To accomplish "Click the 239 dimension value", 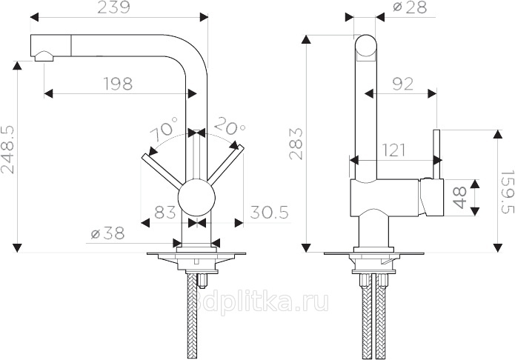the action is coord(114,7).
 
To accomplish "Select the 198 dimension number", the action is coord(119,84).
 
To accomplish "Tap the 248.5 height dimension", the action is coord(7,150).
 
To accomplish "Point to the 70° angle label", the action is coord(164,127).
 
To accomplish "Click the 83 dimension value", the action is coord(165,212).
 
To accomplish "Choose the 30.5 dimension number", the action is coord(269,212).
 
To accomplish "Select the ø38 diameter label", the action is coord(107,233).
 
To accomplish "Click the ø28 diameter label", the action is coord(410,7).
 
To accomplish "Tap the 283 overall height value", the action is coord(296,144).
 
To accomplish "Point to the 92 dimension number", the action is coord(402,84).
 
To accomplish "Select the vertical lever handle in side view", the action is coord(437,154).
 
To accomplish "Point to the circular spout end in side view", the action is coord(365,46).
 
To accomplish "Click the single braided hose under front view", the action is coord(191,315).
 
